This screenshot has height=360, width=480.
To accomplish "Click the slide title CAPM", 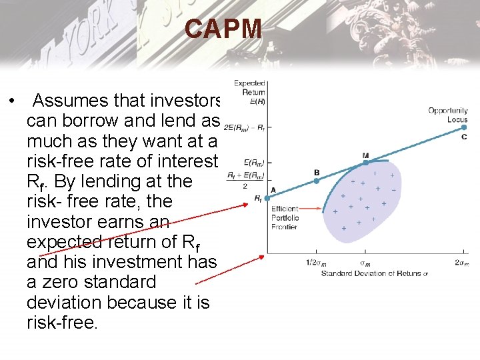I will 224,29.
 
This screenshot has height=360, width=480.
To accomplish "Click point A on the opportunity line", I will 267,197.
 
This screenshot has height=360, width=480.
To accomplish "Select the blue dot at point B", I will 317,180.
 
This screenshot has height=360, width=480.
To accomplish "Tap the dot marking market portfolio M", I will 365,161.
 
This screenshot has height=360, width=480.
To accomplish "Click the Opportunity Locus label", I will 448,115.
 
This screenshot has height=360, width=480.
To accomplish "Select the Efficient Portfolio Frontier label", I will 285,218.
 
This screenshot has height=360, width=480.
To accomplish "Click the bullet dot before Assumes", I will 13,101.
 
